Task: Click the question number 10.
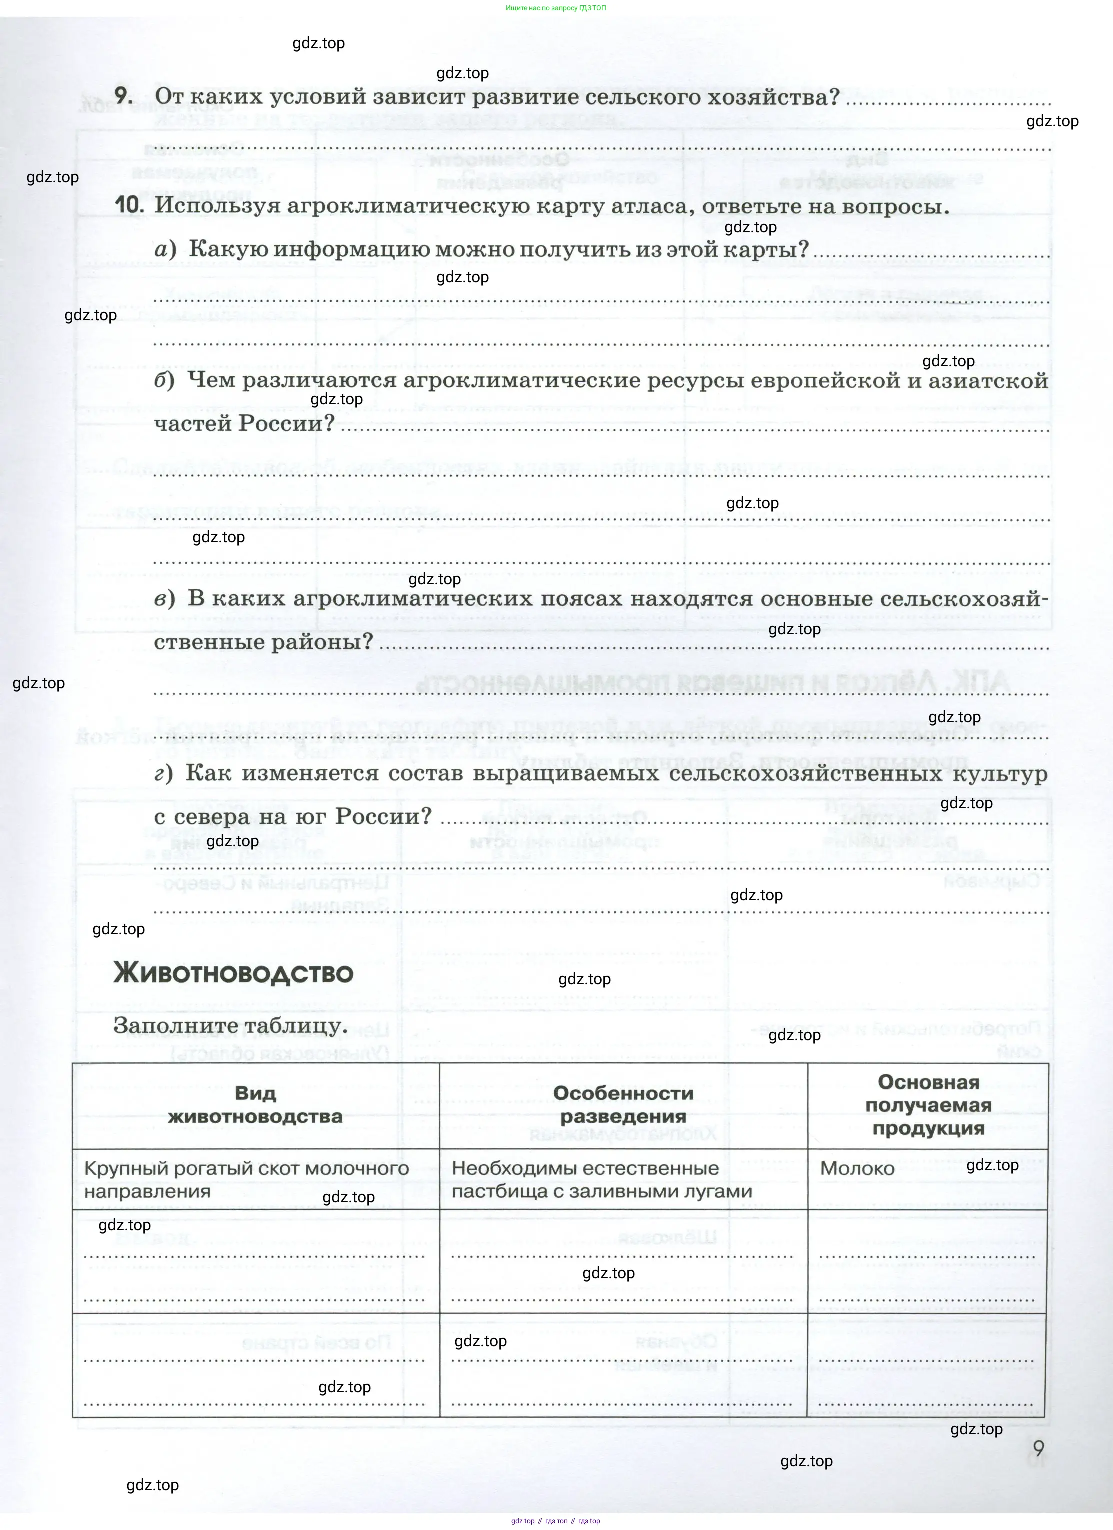click(129, 205)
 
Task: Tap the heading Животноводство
click(233, 973)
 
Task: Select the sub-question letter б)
click(164, 381)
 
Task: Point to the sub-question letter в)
click(164, 598)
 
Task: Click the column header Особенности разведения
click(623, 1104)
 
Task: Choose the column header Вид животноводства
click(255, 1104)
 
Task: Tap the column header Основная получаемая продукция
click(928, 1104)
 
